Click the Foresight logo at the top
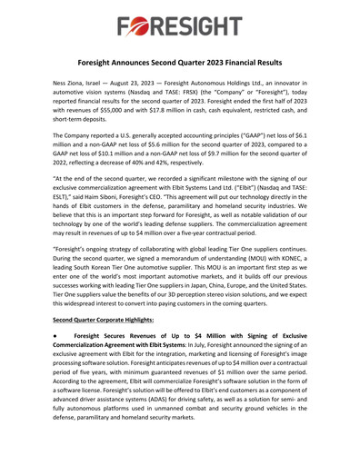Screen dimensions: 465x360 coord(180,19)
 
